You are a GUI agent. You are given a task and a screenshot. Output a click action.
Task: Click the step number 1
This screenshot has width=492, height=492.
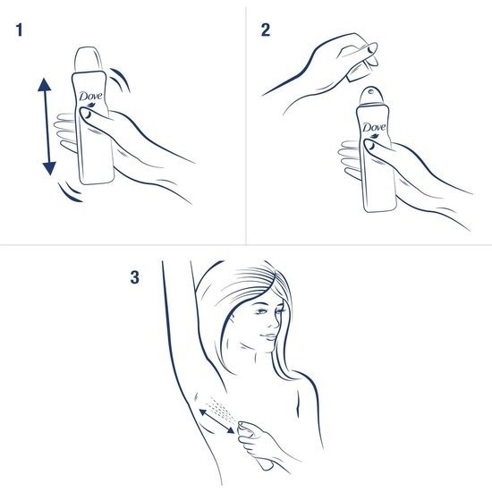(x=19, y=30)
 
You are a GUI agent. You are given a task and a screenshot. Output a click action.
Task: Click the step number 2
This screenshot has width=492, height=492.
(x=265, y=30)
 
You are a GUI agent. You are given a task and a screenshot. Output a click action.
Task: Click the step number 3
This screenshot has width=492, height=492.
(x=135, y=277)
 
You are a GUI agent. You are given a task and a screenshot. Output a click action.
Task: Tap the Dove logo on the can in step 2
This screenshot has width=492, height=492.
(x=374, y=129)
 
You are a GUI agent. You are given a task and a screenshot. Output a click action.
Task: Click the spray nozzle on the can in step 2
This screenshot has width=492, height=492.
(x=372, y=92)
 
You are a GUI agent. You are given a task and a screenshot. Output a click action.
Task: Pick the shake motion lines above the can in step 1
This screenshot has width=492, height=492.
(x=122, y=78)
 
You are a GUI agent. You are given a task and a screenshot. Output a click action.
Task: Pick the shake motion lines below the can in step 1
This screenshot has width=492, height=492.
(x=68, y=189)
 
